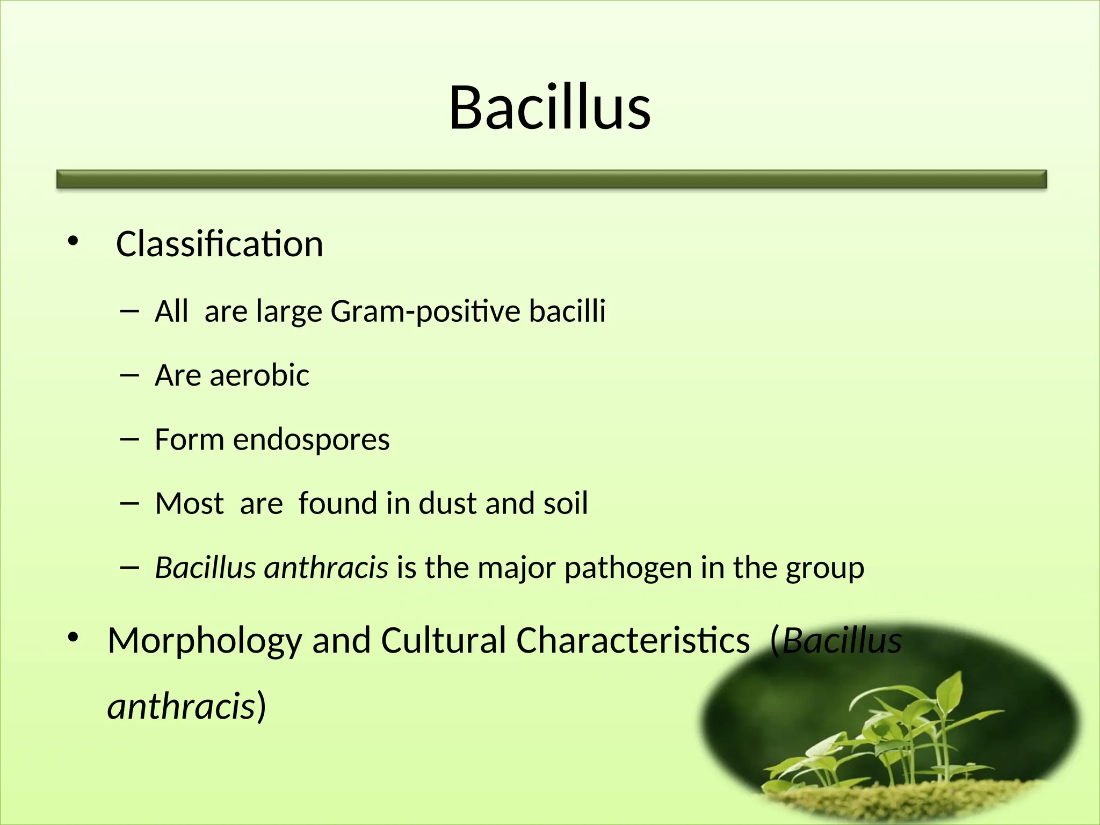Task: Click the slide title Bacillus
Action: [x=549, y=108]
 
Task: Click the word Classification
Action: [x=219, y=244]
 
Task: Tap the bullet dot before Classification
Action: [x=73, y=242]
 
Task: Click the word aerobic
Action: [x=259, y=375]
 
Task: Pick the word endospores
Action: [x=311, y=440]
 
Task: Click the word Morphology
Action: [x=205, y=641]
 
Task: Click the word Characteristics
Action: [x=633, y=640]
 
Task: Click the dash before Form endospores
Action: [x=129, y=439]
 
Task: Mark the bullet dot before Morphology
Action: [x=73, y=638]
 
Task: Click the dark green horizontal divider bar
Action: [x=551, y=179]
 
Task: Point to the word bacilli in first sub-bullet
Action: [x=567, y=312]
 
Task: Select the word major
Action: [x=516, y=568]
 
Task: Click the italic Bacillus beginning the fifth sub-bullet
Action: [x=205, y=568]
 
